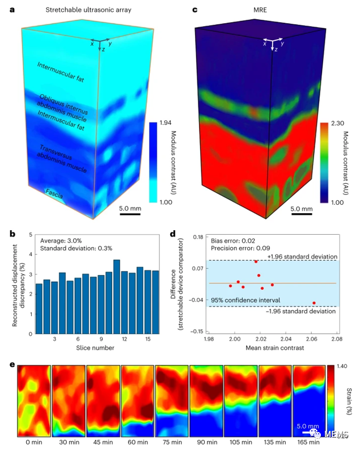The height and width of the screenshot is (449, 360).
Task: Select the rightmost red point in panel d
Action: (314, 303)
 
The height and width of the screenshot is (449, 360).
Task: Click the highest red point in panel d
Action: (256, 261)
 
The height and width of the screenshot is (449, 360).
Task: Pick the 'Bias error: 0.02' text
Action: (232, 239)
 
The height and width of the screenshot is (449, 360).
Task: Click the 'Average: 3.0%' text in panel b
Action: (60, 239)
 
